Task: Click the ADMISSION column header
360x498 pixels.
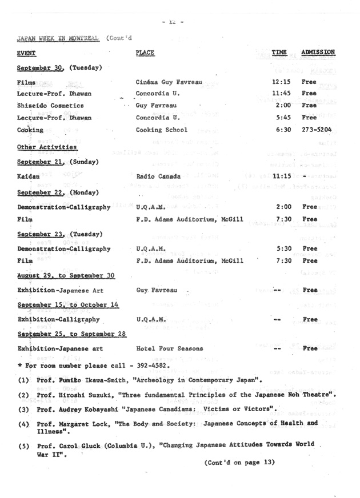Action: click(318, 53)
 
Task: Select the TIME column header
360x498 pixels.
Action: click(279, 53)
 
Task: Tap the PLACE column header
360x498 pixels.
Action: click(146, 53)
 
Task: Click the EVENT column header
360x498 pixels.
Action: click(26, 53)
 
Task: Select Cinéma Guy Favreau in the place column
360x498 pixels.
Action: click(169, 82)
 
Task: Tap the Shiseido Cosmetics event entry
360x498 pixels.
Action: click(50, 106)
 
